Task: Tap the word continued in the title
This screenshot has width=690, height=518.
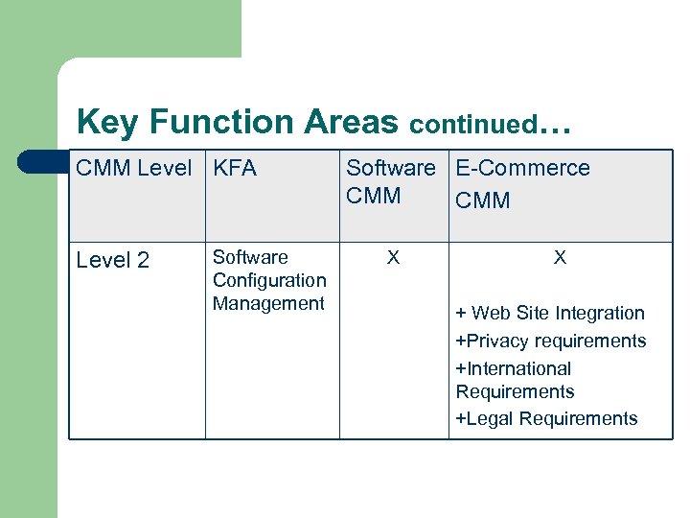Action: click(472, 125)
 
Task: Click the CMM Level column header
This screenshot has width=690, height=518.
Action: click(133, 168)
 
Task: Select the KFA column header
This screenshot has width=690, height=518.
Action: click(235, 168)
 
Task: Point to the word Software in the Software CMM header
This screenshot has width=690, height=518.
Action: click(390, 168)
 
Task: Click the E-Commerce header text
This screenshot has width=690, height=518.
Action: click(522, 168)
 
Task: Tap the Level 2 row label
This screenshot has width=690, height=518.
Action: click(112, 260)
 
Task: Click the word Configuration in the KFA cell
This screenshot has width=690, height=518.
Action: click(269, 280)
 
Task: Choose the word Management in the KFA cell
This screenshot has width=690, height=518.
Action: click(268, 303)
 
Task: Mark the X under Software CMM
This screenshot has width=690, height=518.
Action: click(393, 257)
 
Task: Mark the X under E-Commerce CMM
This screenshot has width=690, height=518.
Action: click(560, 257)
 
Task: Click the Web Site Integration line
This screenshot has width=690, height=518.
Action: click(550, 313)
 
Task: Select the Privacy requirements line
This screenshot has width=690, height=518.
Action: click(551, 341)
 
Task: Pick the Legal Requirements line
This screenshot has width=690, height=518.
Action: click(546, 418)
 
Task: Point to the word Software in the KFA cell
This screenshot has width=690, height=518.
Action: click(250, 257)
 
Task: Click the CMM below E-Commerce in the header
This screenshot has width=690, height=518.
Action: click(483, 200)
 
